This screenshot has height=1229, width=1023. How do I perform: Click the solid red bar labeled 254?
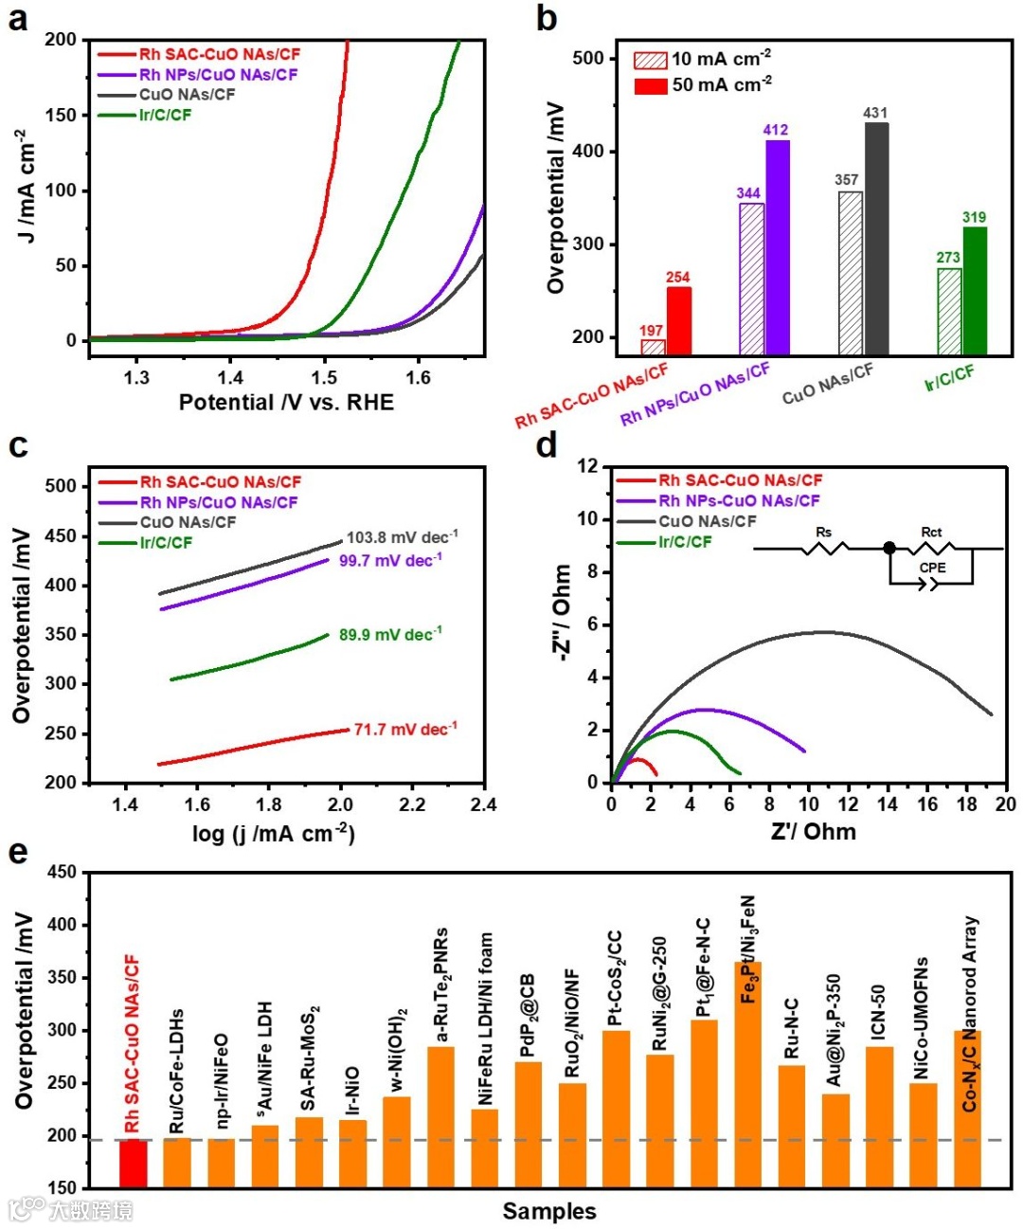(678, 320)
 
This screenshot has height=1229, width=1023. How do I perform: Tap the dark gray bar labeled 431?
(876, 239)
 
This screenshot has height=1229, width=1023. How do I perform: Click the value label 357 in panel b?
(846, 180)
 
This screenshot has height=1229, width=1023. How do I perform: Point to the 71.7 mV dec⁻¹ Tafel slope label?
(405, 730)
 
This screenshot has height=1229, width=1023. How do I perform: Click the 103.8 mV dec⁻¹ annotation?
(402, 537)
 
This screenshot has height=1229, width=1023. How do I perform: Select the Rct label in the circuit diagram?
(931, 532)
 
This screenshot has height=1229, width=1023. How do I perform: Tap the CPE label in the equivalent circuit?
(932, 568)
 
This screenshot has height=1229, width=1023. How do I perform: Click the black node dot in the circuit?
(888, 548)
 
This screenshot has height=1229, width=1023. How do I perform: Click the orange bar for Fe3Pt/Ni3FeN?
(748, 1075)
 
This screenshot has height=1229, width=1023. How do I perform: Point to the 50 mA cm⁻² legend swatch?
(650, 85)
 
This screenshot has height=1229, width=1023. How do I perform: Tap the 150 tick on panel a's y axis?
(62, 116)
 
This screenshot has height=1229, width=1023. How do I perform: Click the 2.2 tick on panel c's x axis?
(412, 804)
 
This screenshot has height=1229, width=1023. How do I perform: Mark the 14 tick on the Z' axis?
(888, 804)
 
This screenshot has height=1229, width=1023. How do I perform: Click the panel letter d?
(547, 444)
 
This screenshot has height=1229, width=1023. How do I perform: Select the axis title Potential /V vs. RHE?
(286, 403)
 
